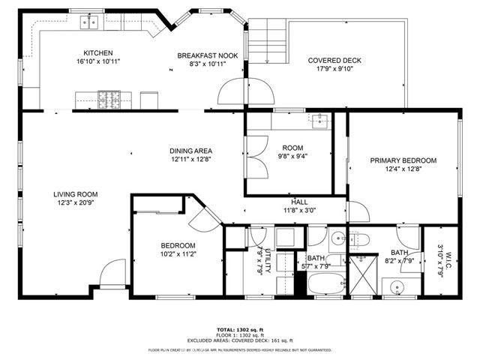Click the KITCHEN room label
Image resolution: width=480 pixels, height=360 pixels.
(x=98, y=53)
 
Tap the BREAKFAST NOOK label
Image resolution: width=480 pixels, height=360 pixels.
(x=207, y=55)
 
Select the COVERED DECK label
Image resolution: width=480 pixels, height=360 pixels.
(x=334, y=60)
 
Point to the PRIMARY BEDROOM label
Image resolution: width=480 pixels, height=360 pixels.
(x=403, y=160)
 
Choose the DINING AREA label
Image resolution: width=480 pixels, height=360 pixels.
(x=191, y=151)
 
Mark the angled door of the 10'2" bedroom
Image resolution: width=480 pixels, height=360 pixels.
(x=202, y=217)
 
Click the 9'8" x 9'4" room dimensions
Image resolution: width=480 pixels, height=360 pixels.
(x=292, y=157)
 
